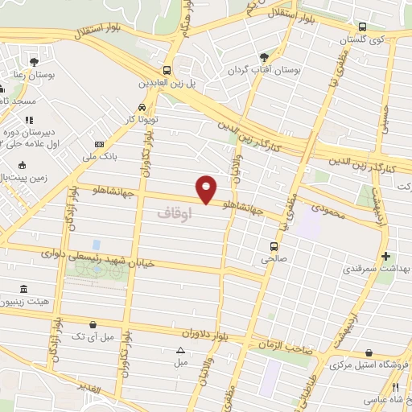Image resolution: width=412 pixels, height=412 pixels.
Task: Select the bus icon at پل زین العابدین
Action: pos(167,70)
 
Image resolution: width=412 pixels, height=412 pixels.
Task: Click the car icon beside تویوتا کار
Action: pos(142,107)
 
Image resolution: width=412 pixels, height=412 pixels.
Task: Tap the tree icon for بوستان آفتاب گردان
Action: pos(264,56)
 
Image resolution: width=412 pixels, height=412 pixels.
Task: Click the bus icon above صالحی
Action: pos(274,246)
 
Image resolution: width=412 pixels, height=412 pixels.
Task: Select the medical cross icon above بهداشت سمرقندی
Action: pos(386,256)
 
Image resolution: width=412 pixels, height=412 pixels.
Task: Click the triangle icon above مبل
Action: pos(180,350)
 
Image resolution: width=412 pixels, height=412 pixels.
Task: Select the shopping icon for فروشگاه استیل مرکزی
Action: pos(368,352)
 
